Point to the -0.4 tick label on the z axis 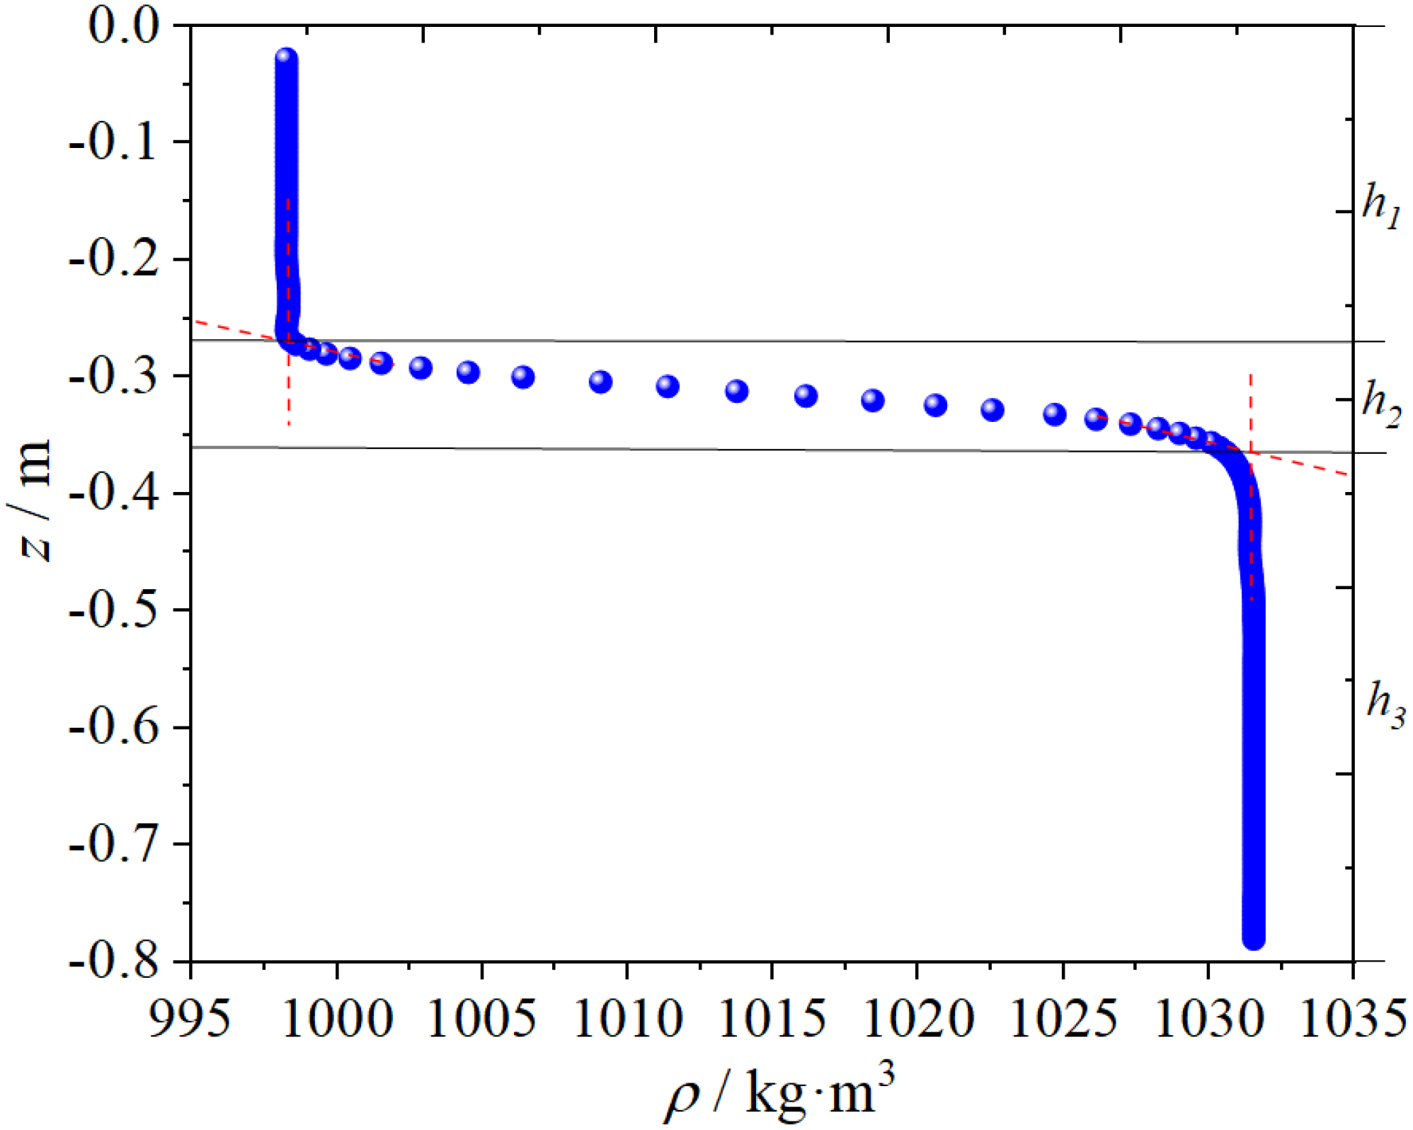[113, 493]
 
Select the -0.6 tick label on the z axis [113, 727]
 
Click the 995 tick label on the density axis [190, 1020]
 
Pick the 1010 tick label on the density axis [628, 1020]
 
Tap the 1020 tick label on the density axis [918, 1020]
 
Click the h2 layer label [1381, 404]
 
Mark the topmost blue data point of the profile [286, 58]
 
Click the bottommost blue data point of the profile [1254, 939]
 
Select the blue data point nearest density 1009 [600, 382]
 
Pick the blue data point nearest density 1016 [806, 396]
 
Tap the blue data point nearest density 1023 [992, 409]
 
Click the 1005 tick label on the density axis [481, 1020]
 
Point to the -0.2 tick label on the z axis [113, 259]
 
